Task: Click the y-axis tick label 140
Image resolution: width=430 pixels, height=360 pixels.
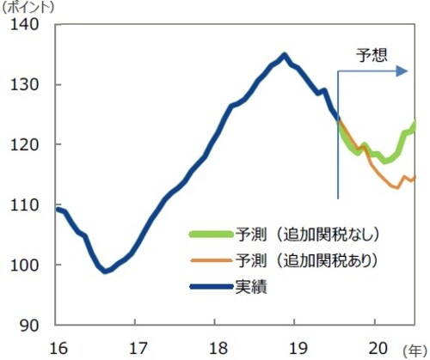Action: pos(26,25)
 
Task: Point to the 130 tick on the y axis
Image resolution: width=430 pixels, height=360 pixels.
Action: pos(26,85)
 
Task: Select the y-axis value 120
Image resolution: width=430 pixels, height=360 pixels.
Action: pos(26,145)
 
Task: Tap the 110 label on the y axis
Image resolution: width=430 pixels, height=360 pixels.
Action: pos(26,205)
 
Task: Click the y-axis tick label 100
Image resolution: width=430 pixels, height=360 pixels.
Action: pos(26,265)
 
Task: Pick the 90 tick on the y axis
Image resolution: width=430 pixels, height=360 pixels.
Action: pos(31,326)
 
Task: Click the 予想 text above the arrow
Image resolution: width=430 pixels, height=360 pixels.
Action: pos(372,56)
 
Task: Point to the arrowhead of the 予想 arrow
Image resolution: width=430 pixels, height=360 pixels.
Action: pos(402,71)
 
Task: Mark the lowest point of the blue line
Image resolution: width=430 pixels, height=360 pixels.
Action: pos(105,271)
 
